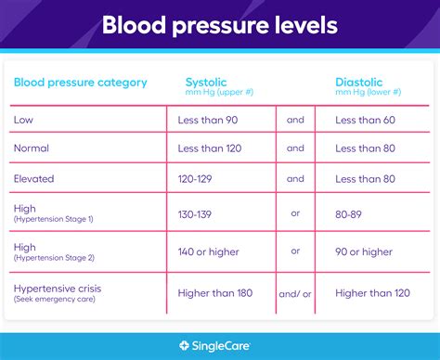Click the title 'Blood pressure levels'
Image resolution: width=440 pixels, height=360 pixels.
(219, 25)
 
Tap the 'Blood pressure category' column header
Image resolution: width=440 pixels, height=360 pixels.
(80, 83)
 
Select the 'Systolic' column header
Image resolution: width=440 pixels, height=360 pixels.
(206, 83)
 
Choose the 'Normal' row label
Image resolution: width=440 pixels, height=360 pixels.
(32, 148)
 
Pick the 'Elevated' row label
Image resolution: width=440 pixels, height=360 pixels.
(34, 178)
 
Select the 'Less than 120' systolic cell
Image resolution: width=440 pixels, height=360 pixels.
(211, 148)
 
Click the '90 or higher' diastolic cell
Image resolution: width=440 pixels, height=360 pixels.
(364, 251)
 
